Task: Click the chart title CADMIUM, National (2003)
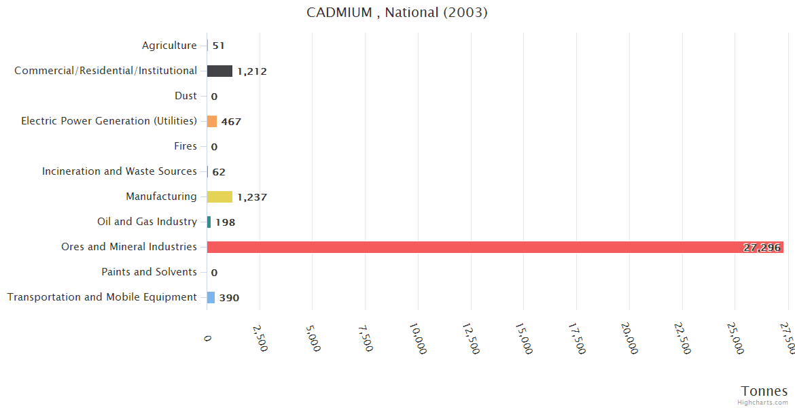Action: pyautogui.click(x=397, y=12)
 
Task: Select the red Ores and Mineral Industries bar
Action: pyautogui.click(x=495, y=247)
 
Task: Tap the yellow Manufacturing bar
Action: pyautogui.click(x=219, y=197)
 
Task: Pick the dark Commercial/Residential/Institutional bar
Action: pyautogui.click(x=219, y=71)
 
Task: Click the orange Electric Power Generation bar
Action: pyautogui.click(x=212, y=121)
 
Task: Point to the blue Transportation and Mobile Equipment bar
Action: pyautogui.click(x=211, y=297)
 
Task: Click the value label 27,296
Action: pyautogui.click(x=762, y=248)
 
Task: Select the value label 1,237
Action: pyautogui.click(x=252, y=197)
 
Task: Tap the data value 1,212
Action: pyautogui.click(x=252, y=71)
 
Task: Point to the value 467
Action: pyautogui.click(x=231, y=122)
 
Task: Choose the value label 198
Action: pyautogui.click(x=226, y=222)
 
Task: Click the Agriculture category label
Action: pyautogui.click(x=169, y=46)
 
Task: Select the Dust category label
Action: pyautogui.click(x=185, y=96)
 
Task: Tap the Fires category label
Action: pyautogui.click(x=185, y=146)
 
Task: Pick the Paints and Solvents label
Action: pyautogui.click(x=149, y=272)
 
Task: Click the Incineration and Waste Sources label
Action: pyautogui.click(x=120, y=171)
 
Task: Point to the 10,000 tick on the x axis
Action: pyautogui.click(x=417, y=338)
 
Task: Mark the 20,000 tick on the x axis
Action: pyautogui.click(x=629, y=338)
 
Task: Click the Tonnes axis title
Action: pyautogui.click(x=764, y=391)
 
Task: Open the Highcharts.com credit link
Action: pyautogui.click(x=763, y=403)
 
